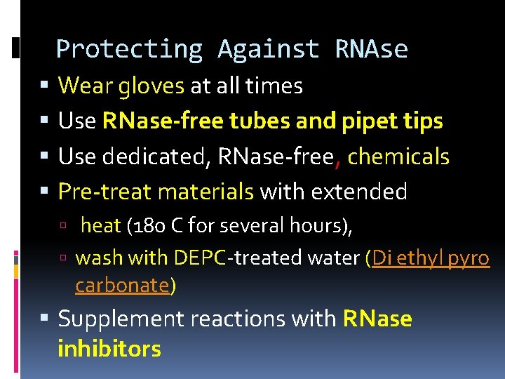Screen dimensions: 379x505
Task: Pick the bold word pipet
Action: [370, 121]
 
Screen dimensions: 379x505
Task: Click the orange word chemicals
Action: [398, 156]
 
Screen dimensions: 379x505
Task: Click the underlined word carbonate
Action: [122, 286]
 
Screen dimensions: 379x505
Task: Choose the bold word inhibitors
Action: [109, 348]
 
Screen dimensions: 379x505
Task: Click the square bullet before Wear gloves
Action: [45, 86]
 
